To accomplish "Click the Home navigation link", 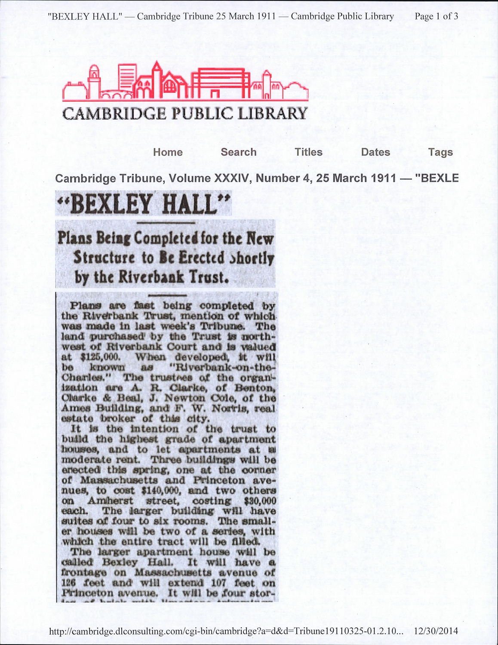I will click(x=168, y=152).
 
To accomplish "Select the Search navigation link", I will click(x=238, y=152).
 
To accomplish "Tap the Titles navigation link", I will click(x=308, y=152).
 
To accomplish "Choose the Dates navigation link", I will click(x=375, y=152).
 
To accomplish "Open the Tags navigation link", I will click(x=440, y=152).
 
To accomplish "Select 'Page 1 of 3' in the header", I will click(x=436, y=16).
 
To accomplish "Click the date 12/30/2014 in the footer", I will click(x=436, y=631).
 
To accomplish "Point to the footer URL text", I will click(x=226, y=631).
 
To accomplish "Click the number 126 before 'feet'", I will click(x=69, y=584).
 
